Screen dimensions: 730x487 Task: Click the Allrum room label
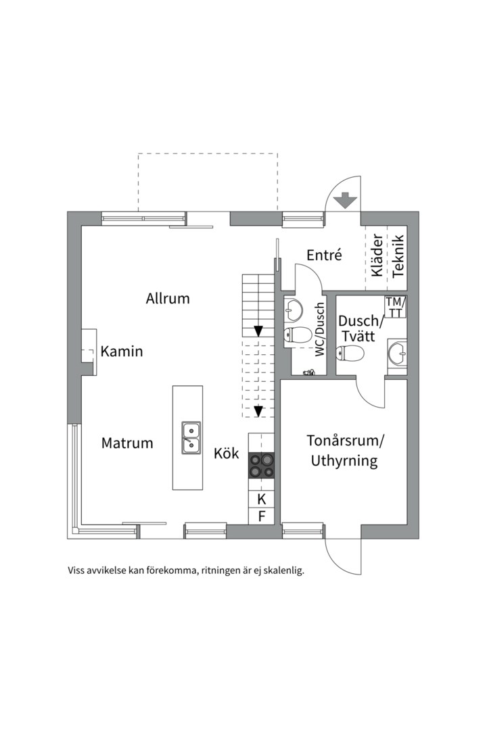[168, 298]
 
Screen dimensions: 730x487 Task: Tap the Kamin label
[122, 351]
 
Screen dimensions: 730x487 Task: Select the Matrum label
[127, 443]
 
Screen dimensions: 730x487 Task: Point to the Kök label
[227, 454]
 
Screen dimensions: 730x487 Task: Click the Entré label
[324, 255]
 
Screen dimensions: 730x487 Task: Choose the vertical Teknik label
[398, 255]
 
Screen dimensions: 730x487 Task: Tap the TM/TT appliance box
[395, 307]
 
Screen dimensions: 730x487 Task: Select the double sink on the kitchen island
[191, 436]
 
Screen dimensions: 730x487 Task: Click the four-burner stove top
[261, 465]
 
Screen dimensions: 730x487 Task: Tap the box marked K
[262, 500]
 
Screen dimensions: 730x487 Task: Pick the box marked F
[262, 517]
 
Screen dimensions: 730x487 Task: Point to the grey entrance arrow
[345, 200]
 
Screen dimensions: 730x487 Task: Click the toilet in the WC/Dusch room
[298, 335]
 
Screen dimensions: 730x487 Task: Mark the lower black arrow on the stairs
[258, 410]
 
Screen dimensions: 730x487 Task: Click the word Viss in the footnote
[78, 570]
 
